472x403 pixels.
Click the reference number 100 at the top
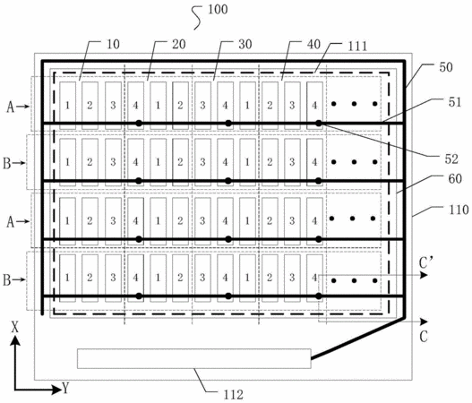tap(218, 9)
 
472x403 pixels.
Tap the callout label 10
tap(113, 44)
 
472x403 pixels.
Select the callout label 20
tap(179, 44)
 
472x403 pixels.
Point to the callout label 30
tap(245, 44)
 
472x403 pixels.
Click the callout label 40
tap(313, 44)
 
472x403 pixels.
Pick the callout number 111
tap(357, 46)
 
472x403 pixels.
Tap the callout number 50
tap(446, 67)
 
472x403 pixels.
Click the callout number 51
tap(455, 102)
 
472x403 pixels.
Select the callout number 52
tap(451, 159)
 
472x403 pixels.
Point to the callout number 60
tap(455, 178)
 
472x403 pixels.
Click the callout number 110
tap(459, 210)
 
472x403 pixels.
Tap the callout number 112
tap(233, 394)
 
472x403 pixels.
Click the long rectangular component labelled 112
tap(194, 358)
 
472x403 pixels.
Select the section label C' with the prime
tap(425, 263)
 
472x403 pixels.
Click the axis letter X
tap(14, 327)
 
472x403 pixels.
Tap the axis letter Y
tap(65, 389)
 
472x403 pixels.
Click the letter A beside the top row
tap(11, 107)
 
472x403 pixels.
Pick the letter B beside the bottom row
tap(7, 280)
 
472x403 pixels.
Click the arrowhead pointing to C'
tap(425, 275)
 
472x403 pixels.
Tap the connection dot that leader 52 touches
tap(319, 123)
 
